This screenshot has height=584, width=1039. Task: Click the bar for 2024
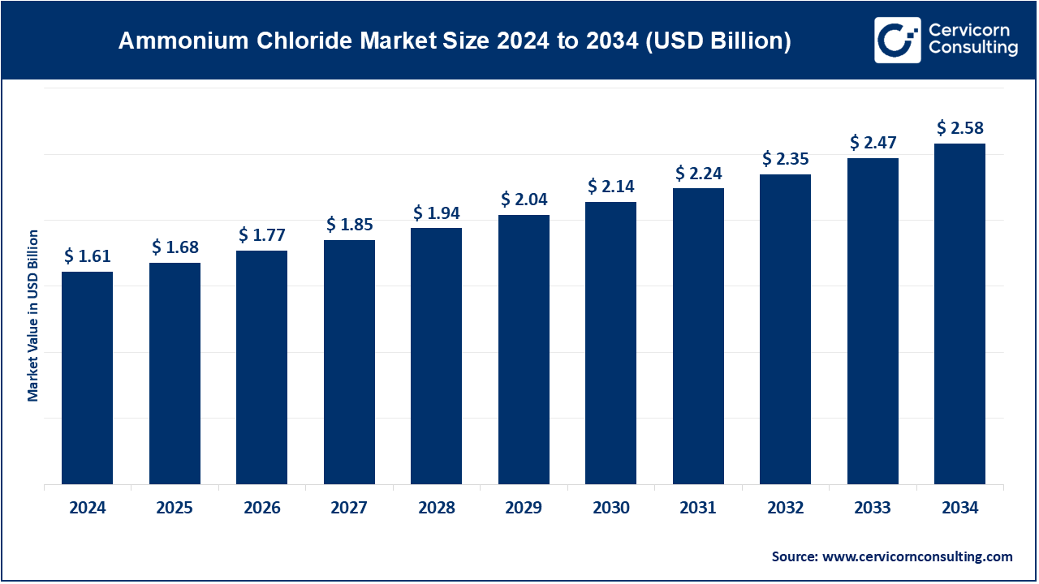(87, 378)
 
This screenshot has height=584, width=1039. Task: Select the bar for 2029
(524, 350)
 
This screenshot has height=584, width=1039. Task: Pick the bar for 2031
(698, 337)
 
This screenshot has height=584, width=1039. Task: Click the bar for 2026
(261, 367)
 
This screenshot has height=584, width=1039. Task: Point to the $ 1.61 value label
(87, 257)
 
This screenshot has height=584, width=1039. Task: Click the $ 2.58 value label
(959, 128)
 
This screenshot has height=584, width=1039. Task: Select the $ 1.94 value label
(436, 213)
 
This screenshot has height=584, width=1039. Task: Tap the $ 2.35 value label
(785, 160)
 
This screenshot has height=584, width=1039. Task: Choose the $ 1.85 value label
(349, 225)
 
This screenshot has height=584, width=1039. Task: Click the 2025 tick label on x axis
(175, 509)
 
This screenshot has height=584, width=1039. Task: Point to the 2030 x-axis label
(610, 509)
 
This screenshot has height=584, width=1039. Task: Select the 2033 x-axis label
(873, 509)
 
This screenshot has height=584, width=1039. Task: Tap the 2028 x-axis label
(436, 509)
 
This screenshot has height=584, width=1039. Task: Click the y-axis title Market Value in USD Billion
(33, 316)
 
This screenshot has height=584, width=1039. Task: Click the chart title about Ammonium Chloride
(454, 41)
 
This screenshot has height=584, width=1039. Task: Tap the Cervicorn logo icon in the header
(897, 40)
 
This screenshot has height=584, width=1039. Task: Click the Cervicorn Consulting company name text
(972, 40)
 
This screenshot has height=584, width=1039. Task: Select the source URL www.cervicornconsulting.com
(918, 556)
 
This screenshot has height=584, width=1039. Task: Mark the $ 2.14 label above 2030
(610, 187)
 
